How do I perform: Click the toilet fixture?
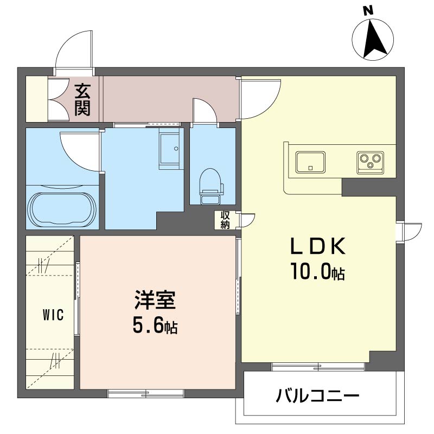(x=212, y=186)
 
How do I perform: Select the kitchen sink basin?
(x=310, y=162)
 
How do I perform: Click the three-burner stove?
(x=371, y=162)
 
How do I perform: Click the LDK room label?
(x=318, y=246)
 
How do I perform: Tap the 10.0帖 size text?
(x=317, y=271)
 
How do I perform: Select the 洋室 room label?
(x=155, y=300)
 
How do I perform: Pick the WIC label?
(x=53, y=315)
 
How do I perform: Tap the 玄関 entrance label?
(x=82, y=100)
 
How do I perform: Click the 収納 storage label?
(x=225, y=220)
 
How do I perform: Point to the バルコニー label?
(x=317, y=395)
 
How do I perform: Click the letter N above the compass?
(x=368, y=11)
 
